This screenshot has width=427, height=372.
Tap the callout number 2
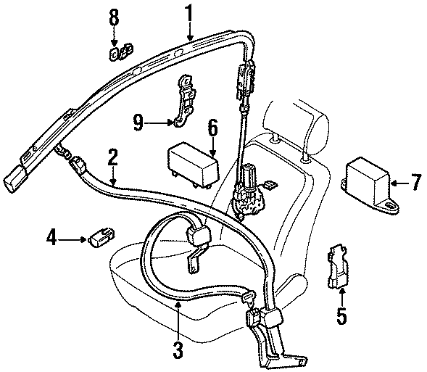click(112, 156)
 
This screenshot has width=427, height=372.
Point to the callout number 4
click(51, 236)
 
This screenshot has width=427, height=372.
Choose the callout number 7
click(415, 183)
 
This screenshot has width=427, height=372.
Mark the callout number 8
click(113, 17)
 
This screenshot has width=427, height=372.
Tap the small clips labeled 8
click(120, 52)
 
